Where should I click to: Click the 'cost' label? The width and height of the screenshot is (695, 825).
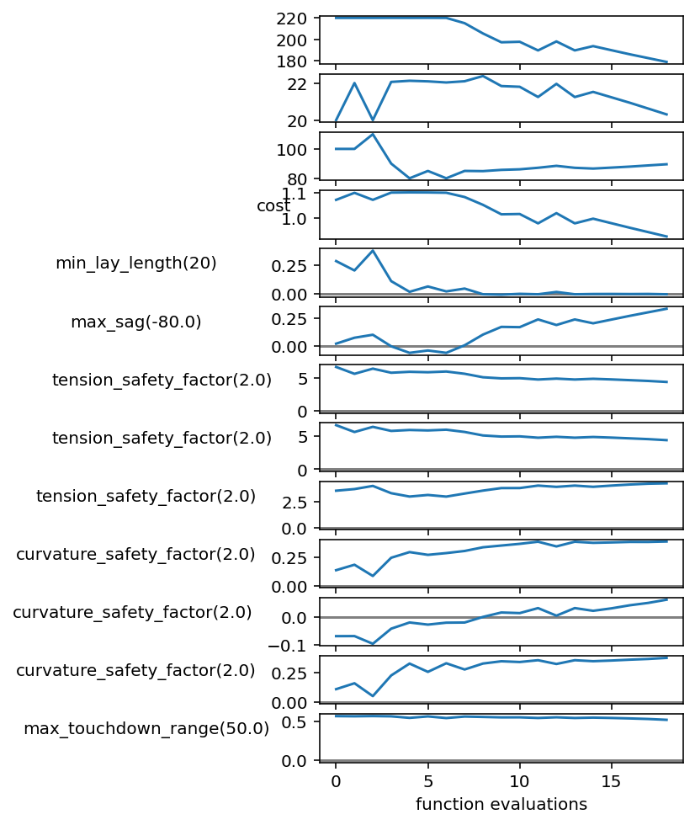pyautogui.click(x=273, y=206)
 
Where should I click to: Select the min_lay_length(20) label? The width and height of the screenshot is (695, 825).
pyautogui.click(x=136, y=263)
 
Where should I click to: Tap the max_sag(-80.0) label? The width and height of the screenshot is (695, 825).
pyautogui.click(x=136, y=322)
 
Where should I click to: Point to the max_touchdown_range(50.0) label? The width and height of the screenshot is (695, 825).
pyautogui.click(x=146, y=728)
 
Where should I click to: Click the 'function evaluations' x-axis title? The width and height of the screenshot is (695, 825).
pyautogui.click(x=501, y=804)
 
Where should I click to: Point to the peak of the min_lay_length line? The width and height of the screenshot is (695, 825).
pyautogui.click(x=373, y=250)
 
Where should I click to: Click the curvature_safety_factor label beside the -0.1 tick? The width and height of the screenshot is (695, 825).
pyautogui.click(x=132, y=612)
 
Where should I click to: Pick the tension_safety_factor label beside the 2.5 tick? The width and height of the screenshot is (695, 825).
pyautogui.click(x=146, y=496)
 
